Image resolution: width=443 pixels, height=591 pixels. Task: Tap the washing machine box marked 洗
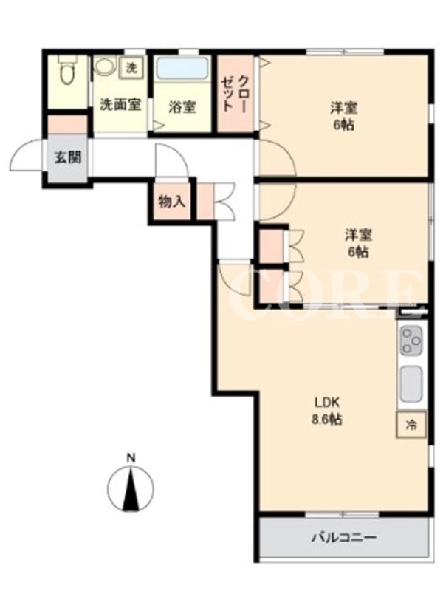point(131,68)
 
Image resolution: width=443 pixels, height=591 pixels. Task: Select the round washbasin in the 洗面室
point(103,66)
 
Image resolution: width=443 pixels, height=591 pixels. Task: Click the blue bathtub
point(182,69)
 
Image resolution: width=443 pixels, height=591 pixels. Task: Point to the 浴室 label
point(182,107)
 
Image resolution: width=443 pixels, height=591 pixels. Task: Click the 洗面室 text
point(120,104)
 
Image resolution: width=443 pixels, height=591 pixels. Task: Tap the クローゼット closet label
point(234,94)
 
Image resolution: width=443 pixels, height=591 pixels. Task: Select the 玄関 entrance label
point(68,157)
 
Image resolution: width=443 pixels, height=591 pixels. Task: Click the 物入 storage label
point(172,202)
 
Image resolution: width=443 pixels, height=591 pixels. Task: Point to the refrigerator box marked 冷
point(411,425)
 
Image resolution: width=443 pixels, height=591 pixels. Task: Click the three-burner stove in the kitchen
point(411,341)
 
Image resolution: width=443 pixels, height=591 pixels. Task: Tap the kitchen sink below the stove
point(411,384)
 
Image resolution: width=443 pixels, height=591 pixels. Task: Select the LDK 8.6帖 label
point(327,411)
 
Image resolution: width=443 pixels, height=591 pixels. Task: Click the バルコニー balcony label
point(343,537)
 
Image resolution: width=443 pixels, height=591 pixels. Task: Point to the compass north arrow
point(131,489)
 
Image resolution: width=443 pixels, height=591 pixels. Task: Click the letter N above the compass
point(131,458)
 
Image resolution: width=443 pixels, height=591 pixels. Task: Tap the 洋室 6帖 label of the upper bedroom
point(343,117)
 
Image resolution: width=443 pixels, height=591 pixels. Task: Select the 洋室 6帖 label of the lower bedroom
point(359,243)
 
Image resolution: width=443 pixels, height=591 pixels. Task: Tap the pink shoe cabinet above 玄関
point(68,124)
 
